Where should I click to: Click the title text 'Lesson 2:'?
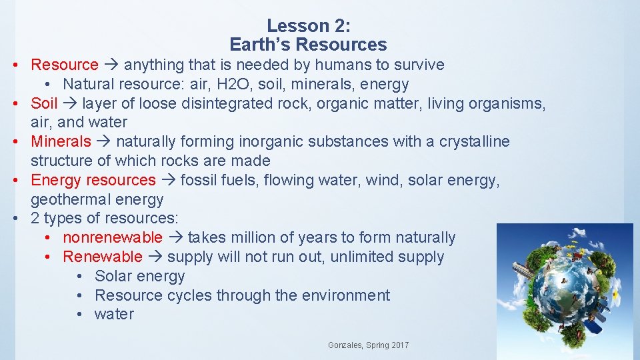(308, 26)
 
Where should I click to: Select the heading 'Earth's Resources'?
(308, 45)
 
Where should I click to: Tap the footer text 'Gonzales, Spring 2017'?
(368, 345)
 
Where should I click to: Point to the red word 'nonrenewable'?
(112, 237)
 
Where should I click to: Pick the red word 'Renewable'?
(102, 257)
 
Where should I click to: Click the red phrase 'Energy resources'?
(93, 180)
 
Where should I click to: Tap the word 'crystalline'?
(474, 141)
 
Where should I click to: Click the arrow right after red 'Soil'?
(70, 103)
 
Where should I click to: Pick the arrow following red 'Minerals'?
(103, 141)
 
